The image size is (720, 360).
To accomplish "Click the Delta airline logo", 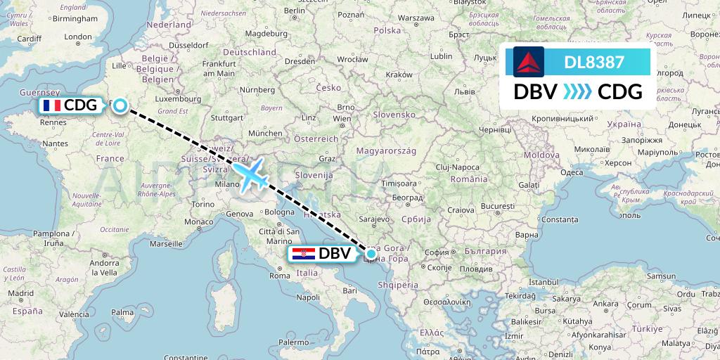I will [x=529, y=62].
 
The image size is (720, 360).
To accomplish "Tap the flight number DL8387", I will [x=594, y=62].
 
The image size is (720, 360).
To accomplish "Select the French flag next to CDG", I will [x=51, y=105].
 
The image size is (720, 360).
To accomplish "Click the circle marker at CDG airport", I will [x=120, y=105].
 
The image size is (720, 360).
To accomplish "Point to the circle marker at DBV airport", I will [x=371, y=253].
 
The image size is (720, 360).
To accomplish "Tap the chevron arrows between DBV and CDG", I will [x=577, y=92].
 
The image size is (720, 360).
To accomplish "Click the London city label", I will [x=77, y=37].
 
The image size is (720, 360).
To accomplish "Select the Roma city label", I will [x=279, y=276].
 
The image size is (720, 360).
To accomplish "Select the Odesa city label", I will [x=572, y=172].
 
